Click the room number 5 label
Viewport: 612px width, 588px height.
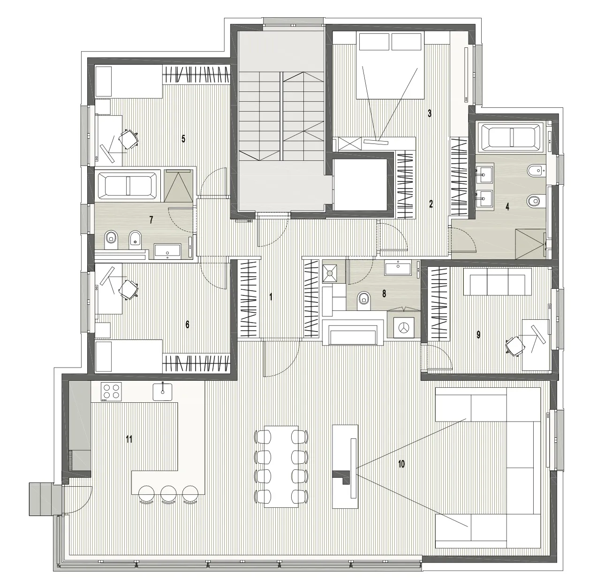tap(183, 139)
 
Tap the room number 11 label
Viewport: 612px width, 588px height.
tap(129, 439)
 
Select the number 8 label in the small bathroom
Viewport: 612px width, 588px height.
tap(384, 294)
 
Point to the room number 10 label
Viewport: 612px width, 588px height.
tap(401, 464)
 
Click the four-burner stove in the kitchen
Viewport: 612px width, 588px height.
tap(111, 392)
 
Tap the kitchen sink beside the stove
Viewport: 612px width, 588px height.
tap(163, 392)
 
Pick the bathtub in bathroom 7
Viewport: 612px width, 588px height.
tap(128, 185)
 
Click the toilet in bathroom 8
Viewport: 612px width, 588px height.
tap(364, 299)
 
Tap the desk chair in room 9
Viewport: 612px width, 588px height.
tap(515, 347)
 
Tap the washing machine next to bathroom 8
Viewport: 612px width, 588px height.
tap(403, 328)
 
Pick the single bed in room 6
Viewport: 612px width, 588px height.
tap(128, 356)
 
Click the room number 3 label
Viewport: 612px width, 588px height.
tap(430, 113)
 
